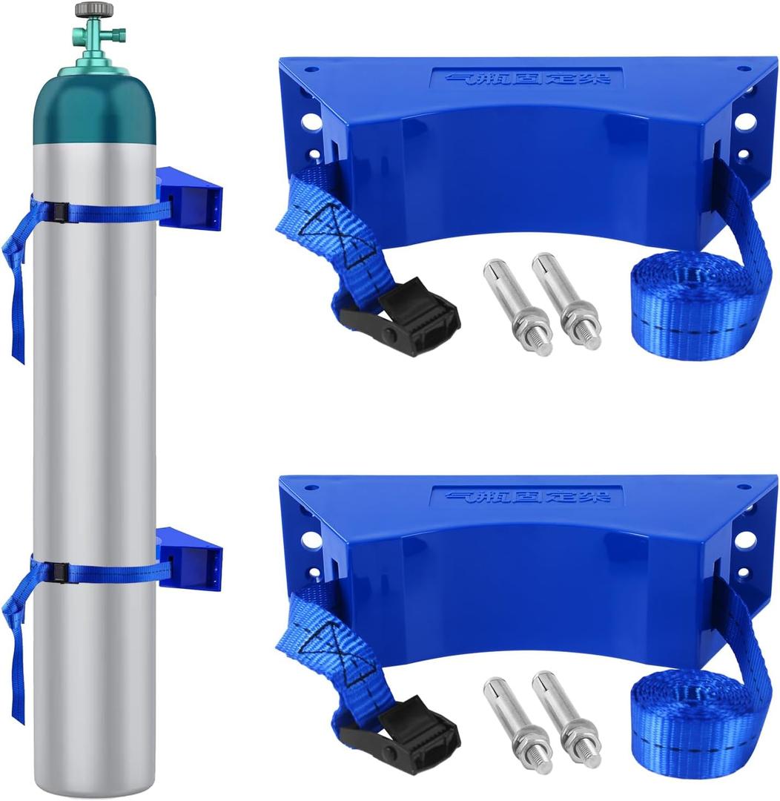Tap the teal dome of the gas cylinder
94,104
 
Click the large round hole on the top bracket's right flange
744,122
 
